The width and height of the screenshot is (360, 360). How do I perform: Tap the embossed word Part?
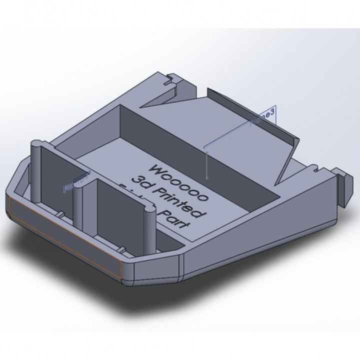point(176,220)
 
